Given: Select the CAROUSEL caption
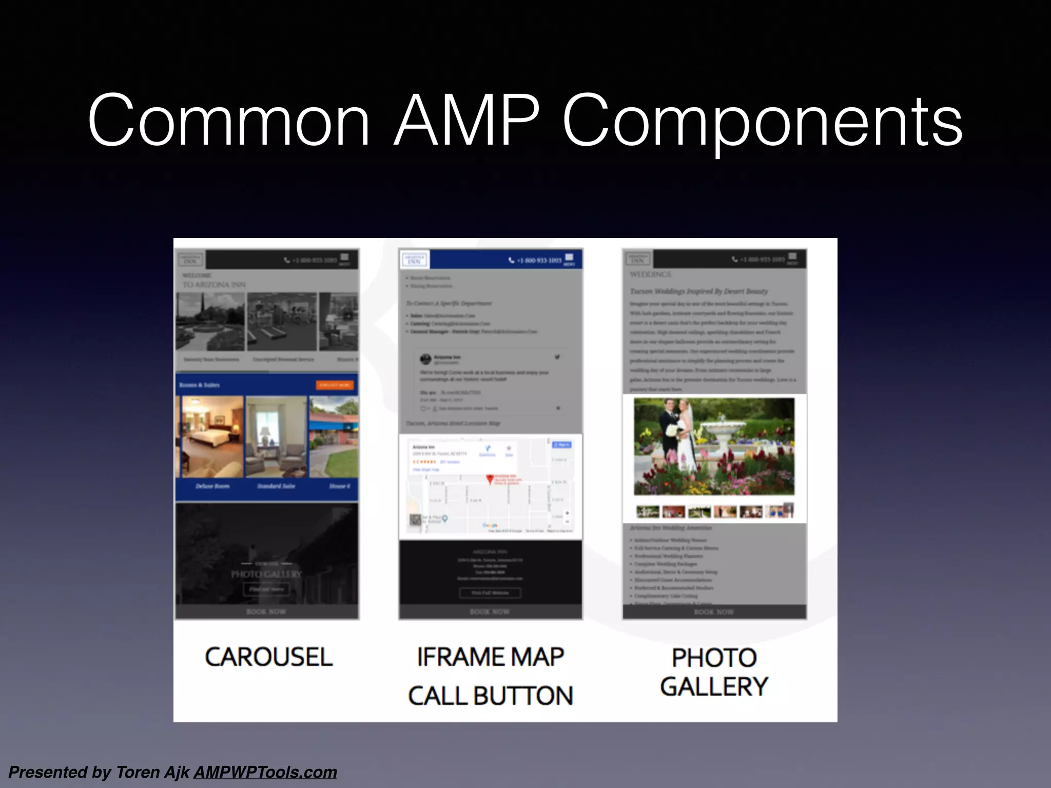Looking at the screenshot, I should click(x=268, y=657).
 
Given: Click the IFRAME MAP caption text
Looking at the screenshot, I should click(x=490, y=657).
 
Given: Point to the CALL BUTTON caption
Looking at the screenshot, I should click(x=490, y=696).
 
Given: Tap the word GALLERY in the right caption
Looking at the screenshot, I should click(x=714, y=687).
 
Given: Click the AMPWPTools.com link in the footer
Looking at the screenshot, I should click(x=265, y=772).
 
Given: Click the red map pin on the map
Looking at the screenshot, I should click(x=490, y=479).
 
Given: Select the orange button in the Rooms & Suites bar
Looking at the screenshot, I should click(x=334, y=385).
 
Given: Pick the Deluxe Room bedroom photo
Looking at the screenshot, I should click(x=212, y=436).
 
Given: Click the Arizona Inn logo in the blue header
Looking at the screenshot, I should click(x=414, y=260).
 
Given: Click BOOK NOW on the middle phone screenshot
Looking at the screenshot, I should click(x=490, y=612).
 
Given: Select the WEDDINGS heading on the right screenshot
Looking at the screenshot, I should click(x=650, y=274).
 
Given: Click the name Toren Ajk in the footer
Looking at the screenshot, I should click(x=152, y=772).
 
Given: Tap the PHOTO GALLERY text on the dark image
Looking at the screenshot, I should click(x=266, y=574).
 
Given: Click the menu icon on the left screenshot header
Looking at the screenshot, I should click(x=344, y=258).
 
